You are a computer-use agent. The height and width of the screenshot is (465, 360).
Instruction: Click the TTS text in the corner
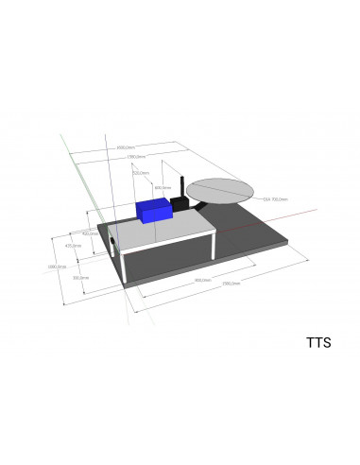point(317,342)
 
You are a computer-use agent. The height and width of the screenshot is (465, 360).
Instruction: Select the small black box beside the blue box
point(179,204)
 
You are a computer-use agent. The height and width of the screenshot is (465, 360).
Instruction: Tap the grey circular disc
point(220,191)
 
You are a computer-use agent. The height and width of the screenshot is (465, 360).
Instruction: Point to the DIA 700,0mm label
point(275,199)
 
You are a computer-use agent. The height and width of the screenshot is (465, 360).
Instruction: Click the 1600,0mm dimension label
point(126,147)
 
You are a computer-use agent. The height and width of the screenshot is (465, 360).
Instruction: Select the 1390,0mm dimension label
point(135,157)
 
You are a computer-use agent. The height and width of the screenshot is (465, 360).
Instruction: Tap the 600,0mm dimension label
point(161,188)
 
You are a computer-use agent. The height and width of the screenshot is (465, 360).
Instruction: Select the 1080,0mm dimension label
point(56,267)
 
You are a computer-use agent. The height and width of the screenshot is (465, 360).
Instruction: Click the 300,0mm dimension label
point(80,278)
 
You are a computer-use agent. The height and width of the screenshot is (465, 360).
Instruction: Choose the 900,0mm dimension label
point(201,281)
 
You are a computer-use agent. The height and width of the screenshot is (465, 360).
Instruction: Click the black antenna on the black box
point(180,186)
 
